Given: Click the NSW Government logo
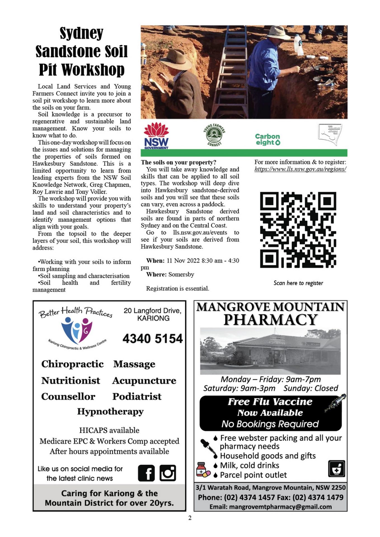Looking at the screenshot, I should click(156, 136).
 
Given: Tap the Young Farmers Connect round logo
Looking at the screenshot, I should click(214, 135).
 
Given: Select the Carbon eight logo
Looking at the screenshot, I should click(268, 139).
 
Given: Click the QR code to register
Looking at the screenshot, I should click(298, 230).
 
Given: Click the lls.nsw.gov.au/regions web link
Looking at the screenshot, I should click(300, 169).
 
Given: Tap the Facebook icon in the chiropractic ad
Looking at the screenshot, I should click(146, 473).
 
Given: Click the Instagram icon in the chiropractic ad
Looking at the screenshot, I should click(168, 473).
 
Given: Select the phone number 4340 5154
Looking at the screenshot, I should click(153, 339).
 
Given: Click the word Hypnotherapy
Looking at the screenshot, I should click(110, 412).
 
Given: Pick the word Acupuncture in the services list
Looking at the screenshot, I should click(144, 381).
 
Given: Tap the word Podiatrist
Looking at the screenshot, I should click(137, 397).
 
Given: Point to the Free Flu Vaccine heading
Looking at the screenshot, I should click(270, 402).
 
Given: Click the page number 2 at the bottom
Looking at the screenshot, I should click(190, 518).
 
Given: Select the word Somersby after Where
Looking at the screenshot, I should click(181, 275).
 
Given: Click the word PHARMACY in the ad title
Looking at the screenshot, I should click(270, 320).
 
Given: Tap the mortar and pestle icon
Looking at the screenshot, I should click(336, 468).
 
